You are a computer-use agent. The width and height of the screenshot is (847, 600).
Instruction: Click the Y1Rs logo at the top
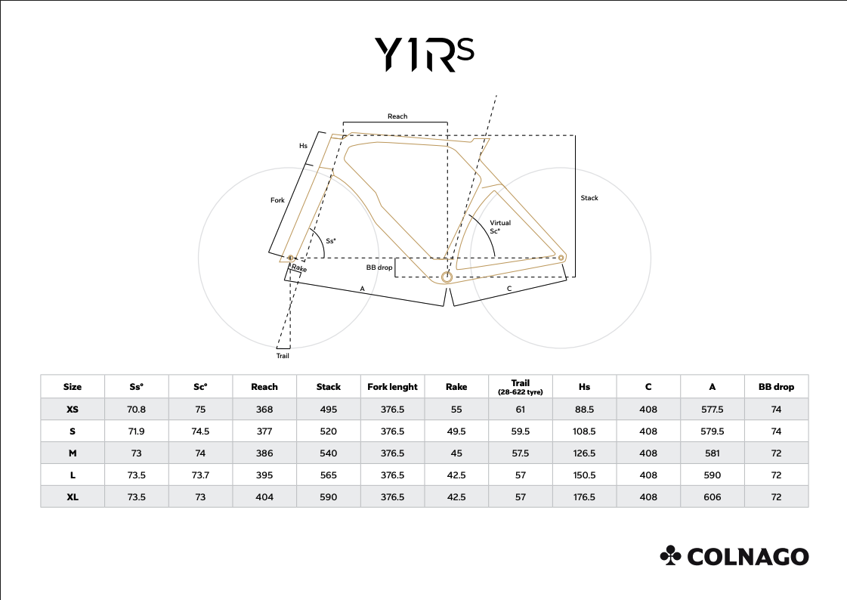424,54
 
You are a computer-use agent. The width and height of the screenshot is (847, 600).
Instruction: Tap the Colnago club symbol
670,555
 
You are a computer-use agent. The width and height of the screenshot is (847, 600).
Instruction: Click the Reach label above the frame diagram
397,116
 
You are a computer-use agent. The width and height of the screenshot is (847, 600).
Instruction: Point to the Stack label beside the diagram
589,198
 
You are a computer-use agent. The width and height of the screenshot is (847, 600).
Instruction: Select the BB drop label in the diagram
379,268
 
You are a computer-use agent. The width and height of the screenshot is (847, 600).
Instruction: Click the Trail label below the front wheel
283,356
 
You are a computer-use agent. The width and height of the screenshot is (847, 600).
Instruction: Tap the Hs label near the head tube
303,146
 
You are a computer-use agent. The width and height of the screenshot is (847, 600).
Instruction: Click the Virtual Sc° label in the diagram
499,227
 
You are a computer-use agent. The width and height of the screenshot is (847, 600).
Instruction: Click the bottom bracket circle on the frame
447,277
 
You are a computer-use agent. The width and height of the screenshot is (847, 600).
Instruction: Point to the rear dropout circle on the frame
561,258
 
